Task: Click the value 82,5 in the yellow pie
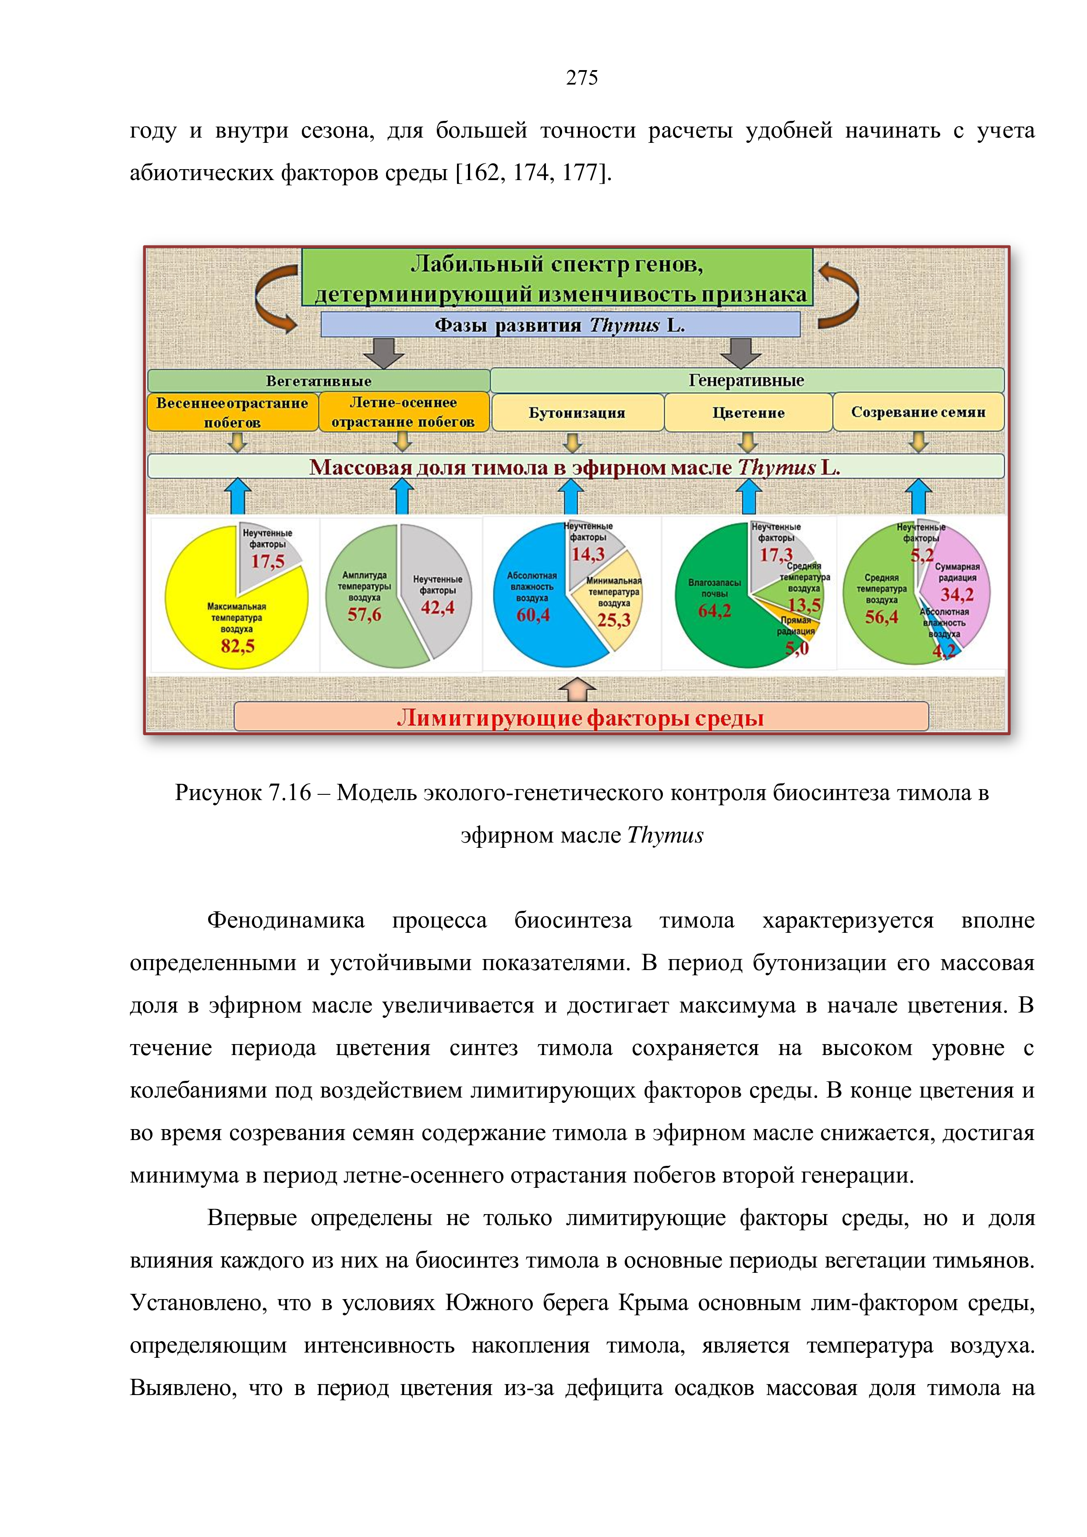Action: pyautogui.click(x=237, y=646)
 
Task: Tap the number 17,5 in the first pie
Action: pyautogui.click(x=268, y=561)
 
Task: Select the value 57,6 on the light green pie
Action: pyautogui.click(x=364, y=615)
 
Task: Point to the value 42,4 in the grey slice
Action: pyautogui.click(x=438, y=607)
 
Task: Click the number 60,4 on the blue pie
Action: pyautogui.click(x=533, y=615)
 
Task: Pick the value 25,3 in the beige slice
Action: pyautogui.click(x=614, y=620)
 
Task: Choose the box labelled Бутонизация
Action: pyautogui.click(x=577, y=412)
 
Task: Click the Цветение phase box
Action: pyautogui.click(x=748, y=412)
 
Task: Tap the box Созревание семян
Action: pyautogui.click(x=918, y=412)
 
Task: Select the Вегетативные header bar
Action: pyautogui.click(x=319, y=381)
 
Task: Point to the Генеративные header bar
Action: pyautogui.click(x=747, y=380)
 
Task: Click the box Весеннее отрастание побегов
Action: pyautogui.click(x=232, y=412)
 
